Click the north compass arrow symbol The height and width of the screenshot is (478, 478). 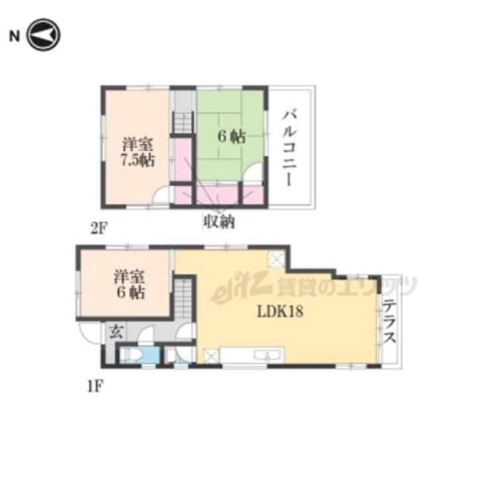click(43, 35)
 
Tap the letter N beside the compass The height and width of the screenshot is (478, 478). click(15, 37)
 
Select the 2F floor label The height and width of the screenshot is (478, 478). click(99, 228)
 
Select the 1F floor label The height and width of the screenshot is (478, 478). click(96, 386)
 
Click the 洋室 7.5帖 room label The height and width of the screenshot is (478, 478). click(138, 153)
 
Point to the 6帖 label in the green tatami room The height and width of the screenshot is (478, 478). click(232, 137)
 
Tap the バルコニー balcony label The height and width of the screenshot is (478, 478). click(288, 148)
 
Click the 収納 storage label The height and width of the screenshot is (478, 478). click(220, 222)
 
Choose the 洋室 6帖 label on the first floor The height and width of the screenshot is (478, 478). click(129, 284)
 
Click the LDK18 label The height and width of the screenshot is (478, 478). click(280, 311)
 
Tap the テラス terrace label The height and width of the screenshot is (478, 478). click(389, 321)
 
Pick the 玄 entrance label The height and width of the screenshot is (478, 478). click(116, 331)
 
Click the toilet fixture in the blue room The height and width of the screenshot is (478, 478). click(130, 355)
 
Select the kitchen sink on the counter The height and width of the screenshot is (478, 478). click(268, 355)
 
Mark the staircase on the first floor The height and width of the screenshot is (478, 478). click(183, 299)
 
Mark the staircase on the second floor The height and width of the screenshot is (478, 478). click(183, 123)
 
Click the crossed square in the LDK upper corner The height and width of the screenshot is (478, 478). click(276, 260)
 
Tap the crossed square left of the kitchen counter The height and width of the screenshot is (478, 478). click(211, 355)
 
